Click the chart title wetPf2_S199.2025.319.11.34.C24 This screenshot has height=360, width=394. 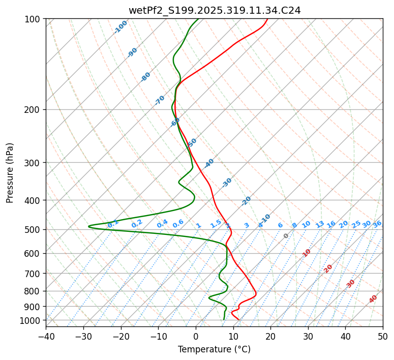(x=215, y=10)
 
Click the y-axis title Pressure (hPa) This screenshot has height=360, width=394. (x=10, y=173)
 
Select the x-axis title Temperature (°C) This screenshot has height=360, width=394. (x=214, y=349)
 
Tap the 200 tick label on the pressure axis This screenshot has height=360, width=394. (x=33, y=109)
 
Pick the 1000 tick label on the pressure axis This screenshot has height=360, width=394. (x=31, y=320)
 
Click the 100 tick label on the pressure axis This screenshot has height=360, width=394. (x=33, y=19)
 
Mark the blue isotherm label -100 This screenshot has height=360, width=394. (x=120, y=27)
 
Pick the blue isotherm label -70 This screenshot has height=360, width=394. (x=160, y=100)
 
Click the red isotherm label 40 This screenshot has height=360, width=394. (x=373, y=299)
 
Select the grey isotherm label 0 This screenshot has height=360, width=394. (x=286, y=236)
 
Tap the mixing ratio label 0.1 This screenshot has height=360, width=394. (x=113, y=223)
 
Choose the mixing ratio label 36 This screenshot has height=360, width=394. (x=377, y=224)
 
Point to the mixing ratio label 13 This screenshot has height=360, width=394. (x=320, y=224)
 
